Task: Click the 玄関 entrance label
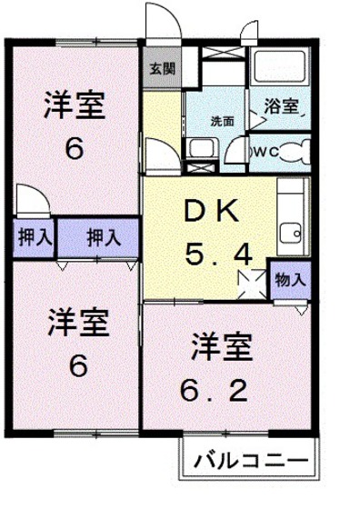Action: click(x=163, y=69)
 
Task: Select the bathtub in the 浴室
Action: click(x=280, y=66)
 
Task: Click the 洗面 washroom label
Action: click(x=223, y=122)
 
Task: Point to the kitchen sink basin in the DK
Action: click(x=291, y=234)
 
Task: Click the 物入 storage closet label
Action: click(x=290, y=280)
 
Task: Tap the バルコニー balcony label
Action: click(x=251, y=461)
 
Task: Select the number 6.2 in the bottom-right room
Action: click(x=215, y=391)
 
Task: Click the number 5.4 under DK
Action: click(x=218, y=254)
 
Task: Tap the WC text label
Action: click(x=267, y=152)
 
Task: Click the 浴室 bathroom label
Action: click(x=281, y=106)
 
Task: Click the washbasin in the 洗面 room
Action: click(x=200, y=147)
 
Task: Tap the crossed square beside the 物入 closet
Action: click(x=252, y=284)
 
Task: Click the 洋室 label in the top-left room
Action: click(x=75, y=105)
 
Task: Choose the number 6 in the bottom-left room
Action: click(x=78, y=364)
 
